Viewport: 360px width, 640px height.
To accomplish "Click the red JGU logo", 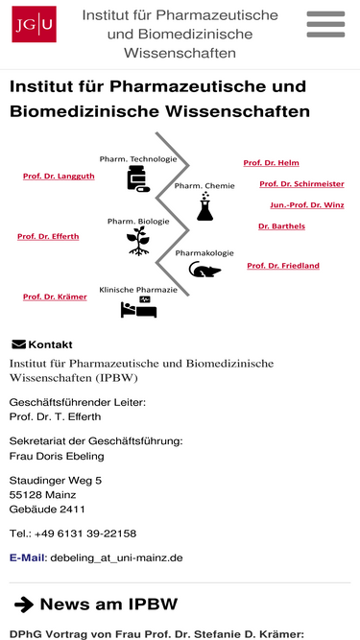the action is (34, 24).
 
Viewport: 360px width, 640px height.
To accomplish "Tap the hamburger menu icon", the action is (325, 24).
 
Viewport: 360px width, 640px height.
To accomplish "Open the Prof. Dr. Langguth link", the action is (59, 177).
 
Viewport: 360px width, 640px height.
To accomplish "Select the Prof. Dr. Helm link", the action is (271, 163).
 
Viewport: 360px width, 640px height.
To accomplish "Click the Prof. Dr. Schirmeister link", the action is (301, 184).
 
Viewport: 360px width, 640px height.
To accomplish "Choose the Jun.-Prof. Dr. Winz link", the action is (307, 205).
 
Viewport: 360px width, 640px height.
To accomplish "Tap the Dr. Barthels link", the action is (281, 226).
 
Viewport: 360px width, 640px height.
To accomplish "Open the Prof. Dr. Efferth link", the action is (48, 237).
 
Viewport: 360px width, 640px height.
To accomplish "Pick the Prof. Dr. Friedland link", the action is (283, 266).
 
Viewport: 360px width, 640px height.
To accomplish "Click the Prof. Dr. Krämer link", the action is (55, 296).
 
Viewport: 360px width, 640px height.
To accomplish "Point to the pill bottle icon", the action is (138, 178).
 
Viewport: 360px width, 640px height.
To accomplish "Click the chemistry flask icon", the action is (204, 207).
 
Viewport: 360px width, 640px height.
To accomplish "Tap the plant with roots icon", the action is (138, 241).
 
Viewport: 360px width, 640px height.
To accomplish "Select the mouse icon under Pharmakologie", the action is (204, 270).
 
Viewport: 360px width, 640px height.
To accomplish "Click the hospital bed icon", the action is (139, 307).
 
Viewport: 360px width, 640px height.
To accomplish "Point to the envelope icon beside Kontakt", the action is (18, 344).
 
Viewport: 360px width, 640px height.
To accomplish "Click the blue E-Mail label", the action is (27, 557).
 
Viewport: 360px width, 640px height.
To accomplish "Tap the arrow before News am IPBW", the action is (24, 604).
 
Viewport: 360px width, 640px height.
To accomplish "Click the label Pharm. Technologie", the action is (138, 158).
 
